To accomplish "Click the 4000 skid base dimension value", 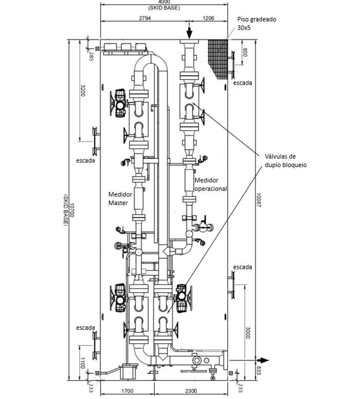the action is click(164, 2).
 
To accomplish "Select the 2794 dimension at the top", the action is click(145, 18).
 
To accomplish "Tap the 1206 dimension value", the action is click(208, 18).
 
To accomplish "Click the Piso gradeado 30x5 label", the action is click(257, 23).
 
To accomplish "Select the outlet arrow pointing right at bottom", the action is click(262, 360).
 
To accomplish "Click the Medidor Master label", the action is click(120, 199).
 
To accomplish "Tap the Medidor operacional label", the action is click(210, 184).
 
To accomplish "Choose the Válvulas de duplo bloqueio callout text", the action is click(286, 161).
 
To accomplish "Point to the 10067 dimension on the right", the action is click(259, 200).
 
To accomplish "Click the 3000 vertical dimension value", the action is click(247, 332).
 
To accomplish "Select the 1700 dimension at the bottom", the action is click(127, 391).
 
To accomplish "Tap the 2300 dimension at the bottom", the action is click(191, 391).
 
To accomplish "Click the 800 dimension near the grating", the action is click(245, 52).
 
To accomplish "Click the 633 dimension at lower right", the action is click(259, 370).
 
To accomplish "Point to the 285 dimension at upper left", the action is click(91, 57).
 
